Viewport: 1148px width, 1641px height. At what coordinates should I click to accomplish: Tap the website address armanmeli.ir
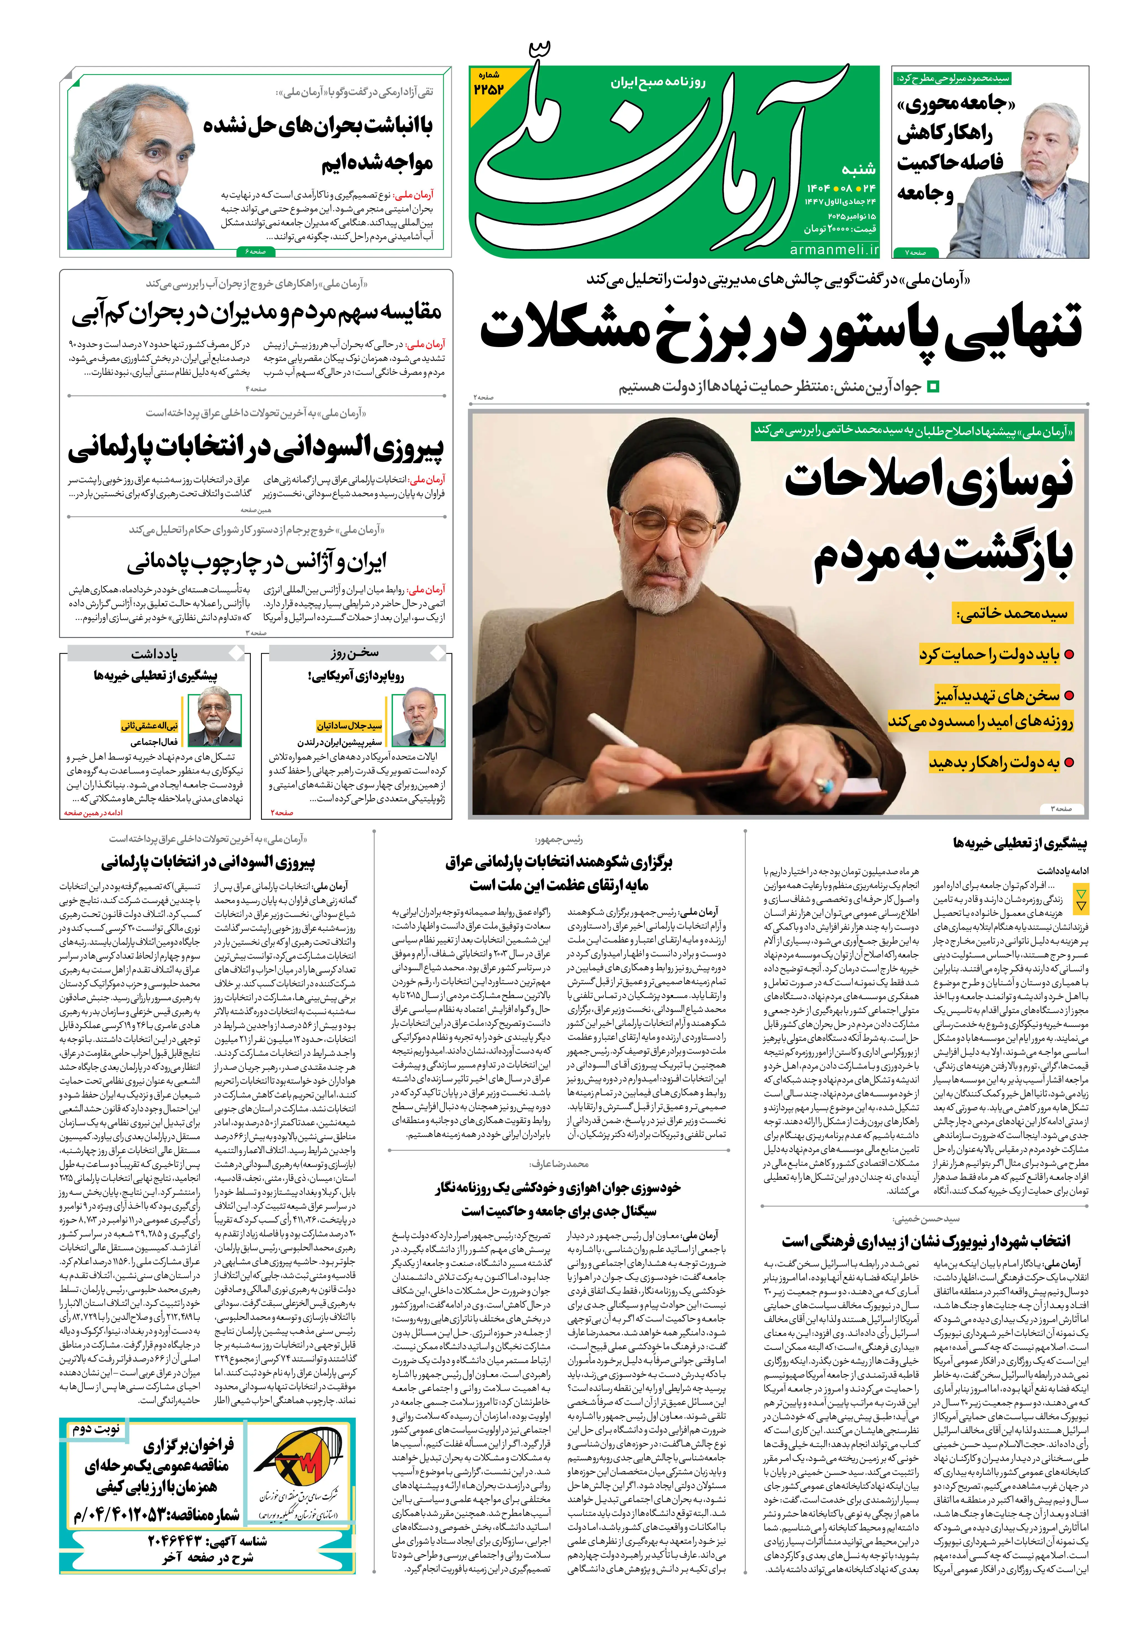coord(834,250)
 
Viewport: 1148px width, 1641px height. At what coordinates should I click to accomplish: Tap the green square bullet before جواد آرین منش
coord(932,387)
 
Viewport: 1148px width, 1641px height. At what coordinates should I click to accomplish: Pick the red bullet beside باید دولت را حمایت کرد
coord(1070,654)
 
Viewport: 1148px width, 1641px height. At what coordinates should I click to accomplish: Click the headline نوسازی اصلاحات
coord(929,480)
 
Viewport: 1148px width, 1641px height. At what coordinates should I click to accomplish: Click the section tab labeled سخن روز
coord(355,653)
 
